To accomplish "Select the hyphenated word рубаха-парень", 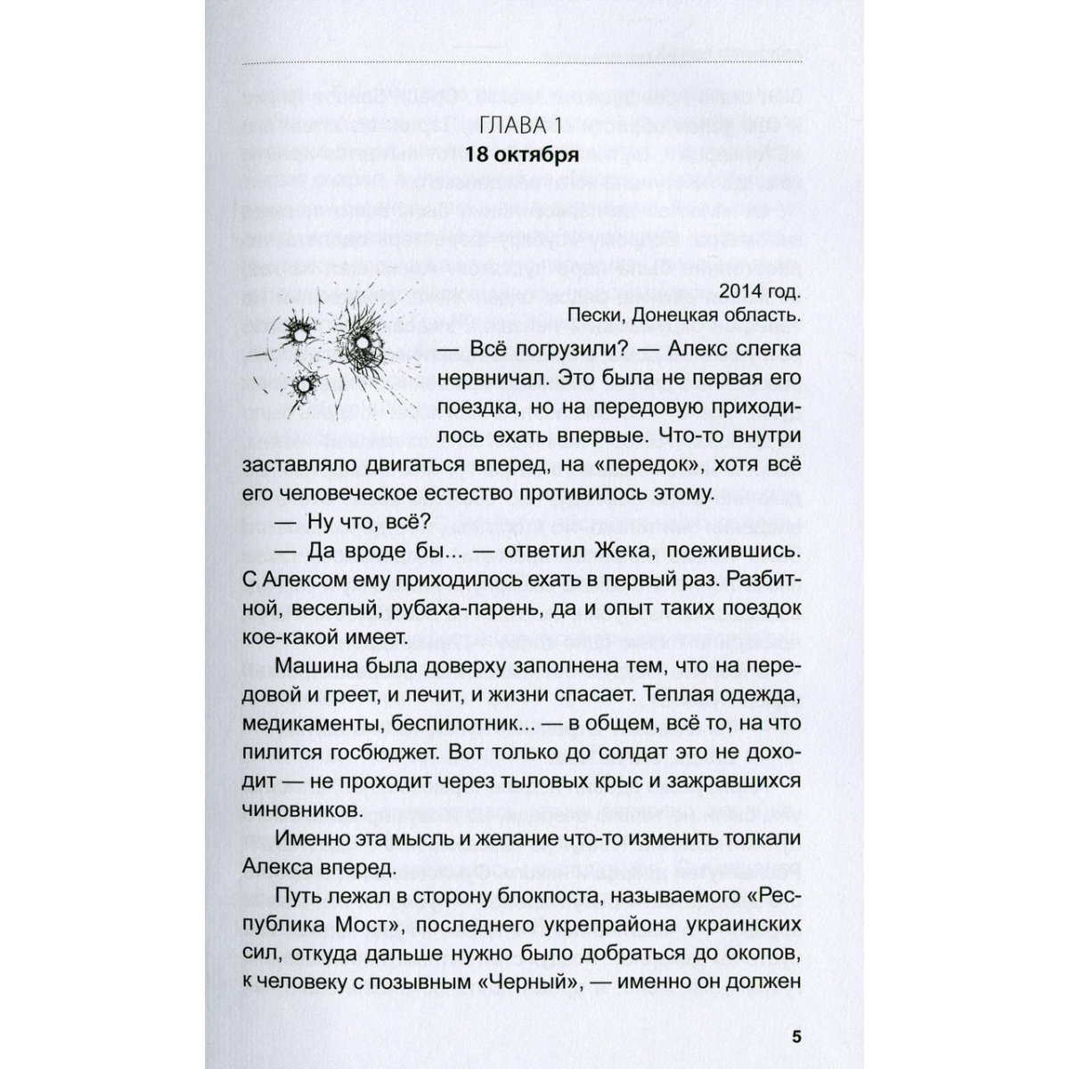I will (x=463, y=608).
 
